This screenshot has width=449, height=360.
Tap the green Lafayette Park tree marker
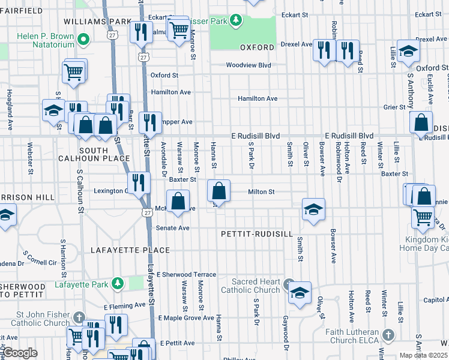tap(119, 283)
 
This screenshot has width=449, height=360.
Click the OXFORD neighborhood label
tap(257, 47)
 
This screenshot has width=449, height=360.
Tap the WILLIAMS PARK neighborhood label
tap(97, 22)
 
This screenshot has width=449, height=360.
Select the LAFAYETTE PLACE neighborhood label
tap(130, 250)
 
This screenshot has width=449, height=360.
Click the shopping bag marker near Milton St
tap(219, 192)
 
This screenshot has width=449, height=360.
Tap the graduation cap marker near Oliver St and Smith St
tap(313, 210)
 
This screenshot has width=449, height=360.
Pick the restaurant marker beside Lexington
tap(139, 182)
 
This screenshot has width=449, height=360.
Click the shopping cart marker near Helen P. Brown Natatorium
tap(74, 72)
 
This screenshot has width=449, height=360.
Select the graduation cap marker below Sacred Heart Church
tap(300, 293)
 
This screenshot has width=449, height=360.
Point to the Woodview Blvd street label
tap(249, 65)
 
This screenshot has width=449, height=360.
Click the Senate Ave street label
tap(173, 228)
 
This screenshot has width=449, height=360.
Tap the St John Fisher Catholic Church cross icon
tap(79, 316)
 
